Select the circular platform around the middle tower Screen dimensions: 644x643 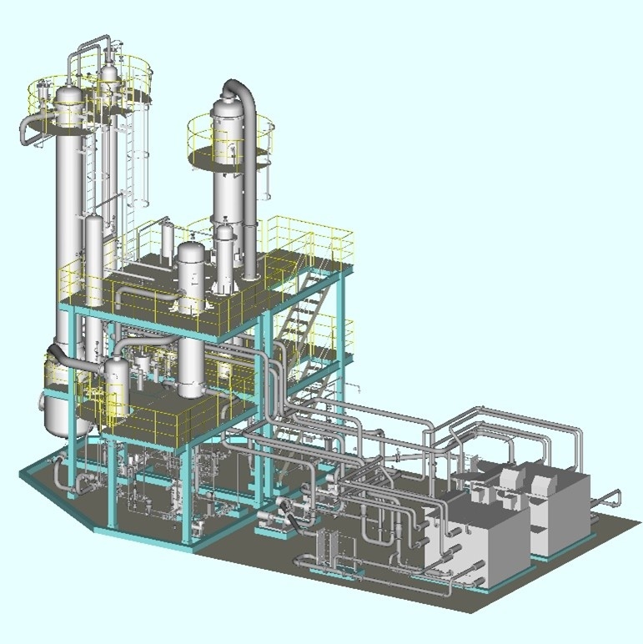point(231,155)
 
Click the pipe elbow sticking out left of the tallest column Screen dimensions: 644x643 point(32,129)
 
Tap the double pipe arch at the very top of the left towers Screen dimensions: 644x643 point(92,46)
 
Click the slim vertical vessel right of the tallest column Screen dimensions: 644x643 point(94,250)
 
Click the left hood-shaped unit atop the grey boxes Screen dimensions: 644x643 point(510,479)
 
